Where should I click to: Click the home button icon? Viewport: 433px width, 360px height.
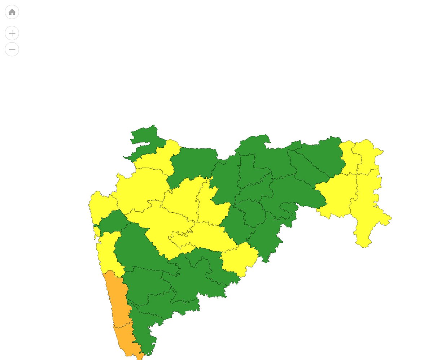(x=12, y=12)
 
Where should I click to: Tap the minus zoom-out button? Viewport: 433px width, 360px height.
(x=12, y=49)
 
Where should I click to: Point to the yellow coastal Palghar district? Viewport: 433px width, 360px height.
(x=99, y=206)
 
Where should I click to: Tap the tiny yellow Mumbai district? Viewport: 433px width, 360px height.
(x=96, y=231)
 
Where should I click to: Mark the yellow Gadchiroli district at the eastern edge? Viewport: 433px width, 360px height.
(x=368, y=209)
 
